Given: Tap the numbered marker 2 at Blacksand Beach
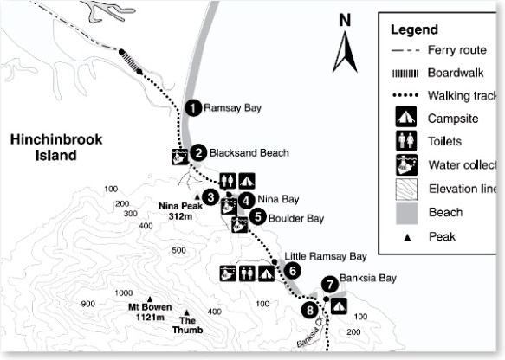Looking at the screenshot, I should [198, 153].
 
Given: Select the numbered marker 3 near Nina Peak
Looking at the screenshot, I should [210, 197].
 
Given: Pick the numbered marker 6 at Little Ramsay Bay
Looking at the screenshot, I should [293, 270].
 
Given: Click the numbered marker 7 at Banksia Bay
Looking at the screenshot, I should [329, 284].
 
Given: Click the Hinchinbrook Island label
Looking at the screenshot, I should [43, 147].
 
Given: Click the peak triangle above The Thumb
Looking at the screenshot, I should [187, 312].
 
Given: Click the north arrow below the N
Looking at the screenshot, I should [345, 53].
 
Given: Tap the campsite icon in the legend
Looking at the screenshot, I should [405, 118].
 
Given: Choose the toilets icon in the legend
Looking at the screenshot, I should [405, 141].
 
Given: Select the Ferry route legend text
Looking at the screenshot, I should [454, 50].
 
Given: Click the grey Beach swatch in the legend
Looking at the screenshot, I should [405, 212].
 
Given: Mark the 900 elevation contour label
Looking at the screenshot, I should [87, 304].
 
